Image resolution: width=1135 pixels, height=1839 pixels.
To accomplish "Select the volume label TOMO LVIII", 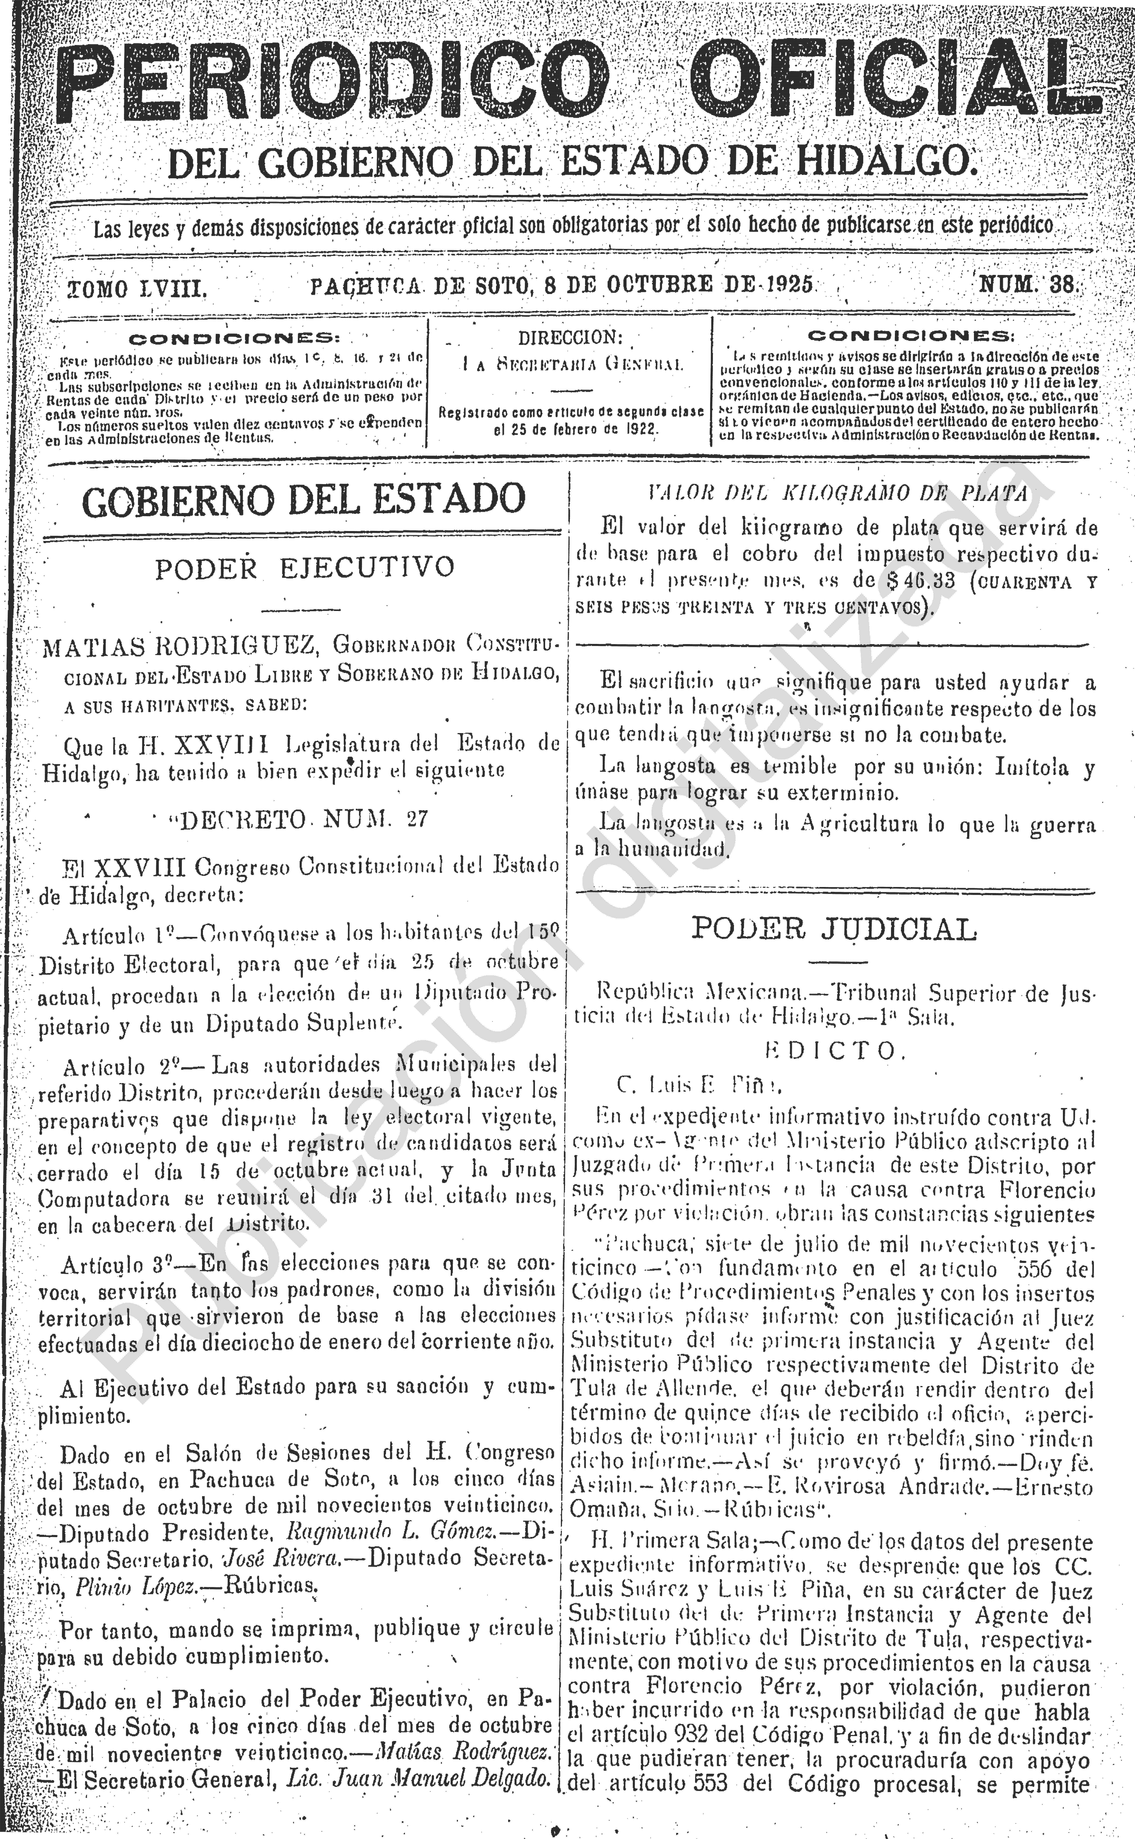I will (137, 288).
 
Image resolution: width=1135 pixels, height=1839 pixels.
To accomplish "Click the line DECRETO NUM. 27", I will (300, 819).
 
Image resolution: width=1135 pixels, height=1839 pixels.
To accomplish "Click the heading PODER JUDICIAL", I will (833, 929).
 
